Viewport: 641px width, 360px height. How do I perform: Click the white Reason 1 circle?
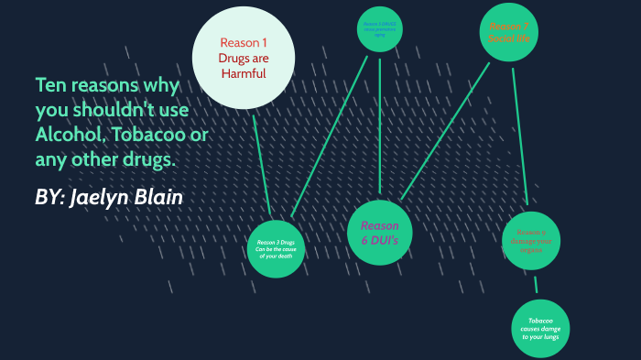(243, 57)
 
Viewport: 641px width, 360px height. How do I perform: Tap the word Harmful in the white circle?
(243, 74)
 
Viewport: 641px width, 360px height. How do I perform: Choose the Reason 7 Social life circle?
(508, 33)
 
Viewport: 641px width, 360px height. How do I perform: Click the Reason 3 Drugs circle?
(276, 248)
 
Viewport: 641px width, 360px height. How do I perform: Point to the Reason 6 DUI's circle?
(379, 233)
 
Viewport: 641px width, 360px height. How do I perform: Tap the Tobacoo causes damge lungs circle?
(540, 329)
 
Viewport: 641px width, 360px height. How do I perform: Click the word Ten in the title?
(49, 87)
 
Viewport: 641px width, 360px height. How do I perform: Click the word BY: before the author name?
(49, 198)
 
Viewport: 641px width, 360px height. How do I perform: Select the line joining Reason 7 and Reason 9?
(520, 137)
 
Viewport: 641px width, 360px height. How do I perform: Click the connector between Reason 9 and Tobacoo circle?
(536, 285)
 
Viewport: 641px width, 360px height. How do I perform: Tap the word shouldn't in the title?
(138, 111)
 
